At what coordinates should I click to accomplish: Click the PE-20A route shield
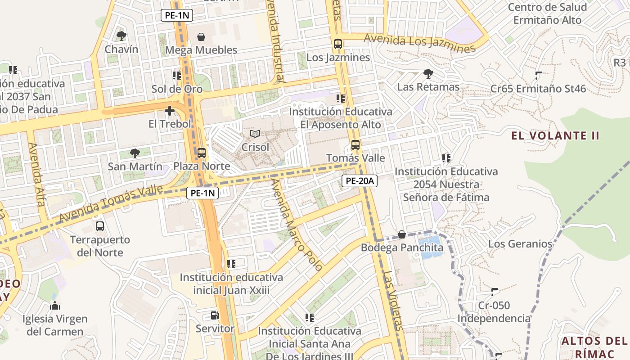click(x=360, y=181)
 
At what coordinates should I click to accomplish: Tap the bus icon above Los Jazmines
click(x=338, y=44)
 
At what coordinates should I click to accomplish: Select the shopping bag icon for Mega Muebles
click(x=201, y=36)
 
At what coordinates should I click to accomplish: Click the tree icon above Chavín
click(x=121, y=36)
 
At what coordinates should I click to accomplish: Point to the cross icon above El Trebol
click(x=170, y=111)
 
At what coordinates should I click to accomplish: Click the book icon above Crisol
click(x=255, y=134)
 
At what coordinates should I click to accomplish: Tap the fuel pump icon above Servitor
click(x=215, y=315)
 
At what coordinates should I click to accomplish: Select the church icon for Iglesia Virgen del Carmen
click(x=55, y=306)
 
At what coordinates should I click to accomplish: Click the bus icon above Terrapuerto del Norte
click(x=100, y=226)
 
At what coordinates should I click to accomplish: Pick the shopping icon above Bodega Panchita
click(x=402, y=234)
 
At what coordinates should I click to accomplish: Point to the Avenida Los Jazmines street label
click(x=419, y=43)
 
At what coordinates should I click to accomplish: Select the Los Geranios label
click(x=520, y=244)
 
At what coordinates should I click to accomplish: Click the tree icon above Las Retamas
click(x=428, y=73)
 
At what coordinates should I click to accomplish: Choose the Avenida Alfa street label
click(x=37, y=175)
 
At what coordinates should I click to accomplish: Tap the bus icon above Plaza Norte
click(x=202, y=153)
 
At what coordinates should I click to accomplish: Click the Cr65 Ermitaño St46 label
click(x=538, y=89)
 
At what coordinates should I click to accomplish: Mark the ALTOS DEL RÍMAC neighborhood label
click(x=594, y=346)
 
